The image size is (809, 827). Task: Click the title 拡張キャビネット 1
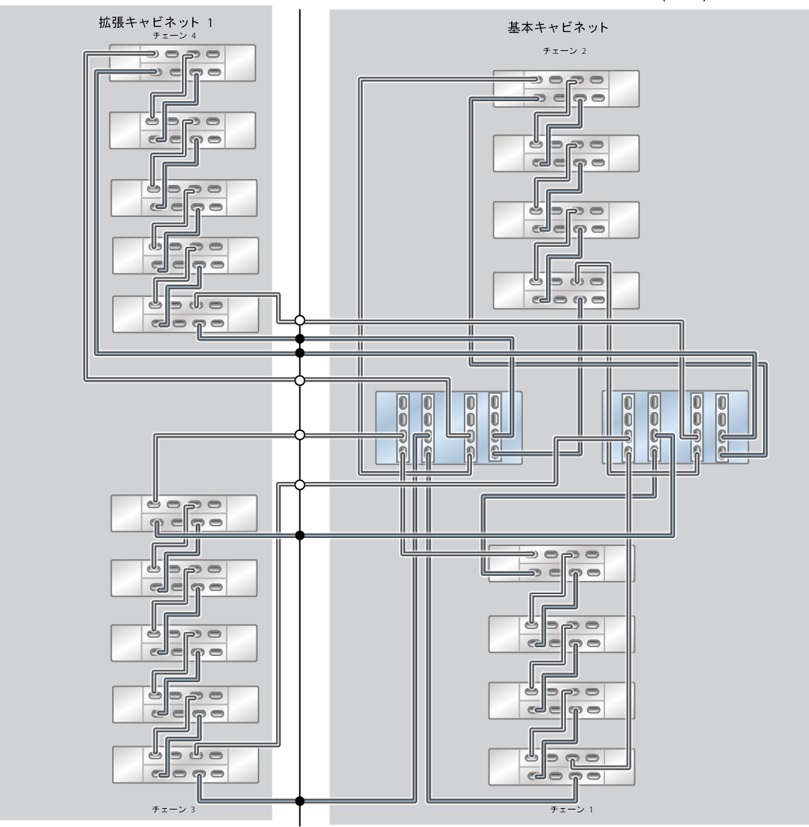pyautogui.click(x=157, y=22)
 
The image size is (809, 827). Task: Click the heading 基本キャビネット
pyautogui.click(x=558, y=28)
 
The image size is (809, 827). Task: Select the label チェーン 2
pyautogui.click(x=564, y=51)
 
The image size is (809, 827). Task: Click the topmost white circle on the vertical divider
pyautogui.click(x=299, y=320)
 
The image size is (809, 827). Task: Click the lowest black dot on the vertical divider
pyautogui.click(x=299, y=801)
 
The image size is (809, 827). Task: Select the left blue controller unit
pyautogui.click(x=449, y=427)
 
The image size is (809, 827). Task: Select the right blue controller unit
pyautogui.click(x=675, y=427)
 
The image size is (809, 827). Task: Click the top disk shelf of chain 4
pyautogui.click(x=182, y=63)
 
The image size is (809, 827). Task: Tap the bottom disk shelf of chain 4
pyautogui.click(x=186, y=313)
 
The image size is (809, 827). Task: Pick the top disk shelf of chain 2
pyautogui.click(x=567, y=88)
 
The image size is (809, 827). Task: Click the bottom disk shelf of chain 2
pyautogui.click(x=567, y=290)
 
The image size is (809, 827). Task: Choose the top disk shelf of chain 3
pyautogui.click(x=183, y=513)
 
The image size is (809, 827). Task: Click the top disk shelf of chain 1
pyautogui.click(x=561, y=563)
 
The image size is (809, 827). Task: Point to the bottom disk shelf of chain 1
pyautogui.click(x=561, y=767)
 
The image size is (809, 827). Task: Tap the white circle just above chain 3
pyautogui.click(x=299, y=484)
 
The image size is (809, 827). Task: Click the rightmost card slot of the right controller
pyautogui.click(x=722, y=427)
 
